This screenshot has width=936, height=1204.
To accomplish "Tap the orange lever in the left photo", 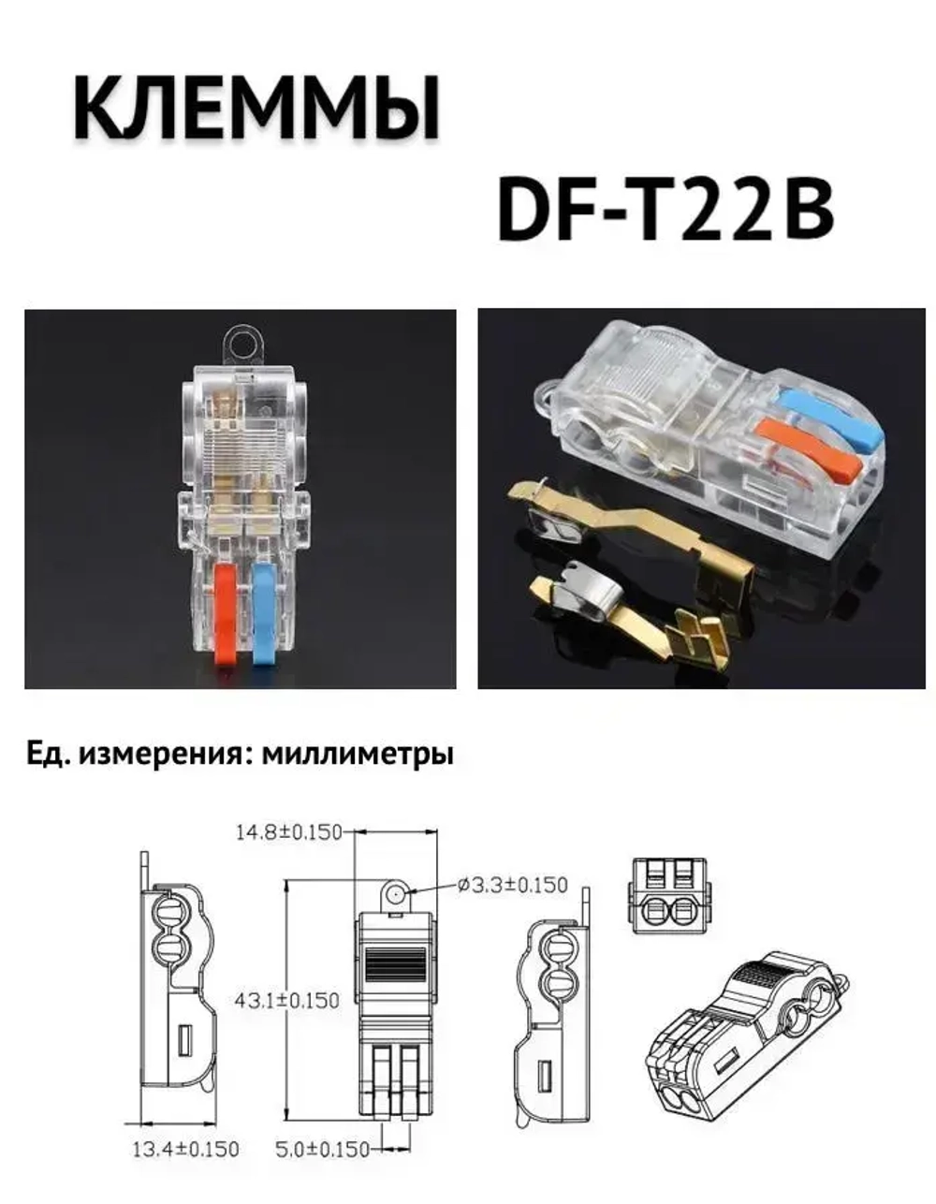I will click(226, 613).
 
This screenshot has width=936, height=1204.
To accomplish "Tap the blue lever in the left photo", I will click(263, 613).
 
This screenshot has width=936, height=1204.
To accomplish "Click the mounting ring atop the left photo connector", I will click(243, 343).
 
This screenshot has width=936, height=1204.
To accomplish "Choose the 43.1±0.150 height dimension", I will click(287, 1000).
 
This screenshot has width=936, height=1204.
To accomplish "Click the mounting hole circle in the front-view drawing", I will click(397, 894).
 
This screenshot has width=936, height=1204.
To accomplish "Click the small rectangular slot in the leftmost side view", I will click(184, 1037).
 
